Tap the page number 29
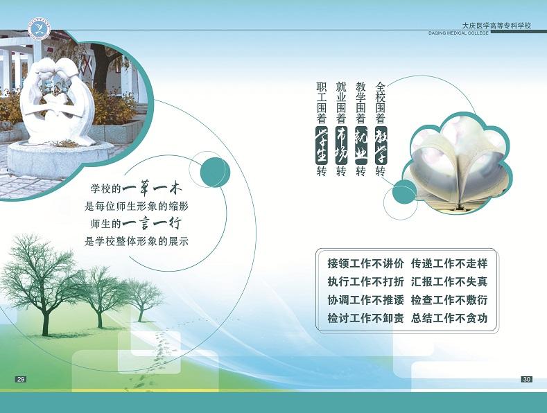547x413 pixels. coord(21,379)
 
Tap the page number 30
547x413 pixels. coord(527,379)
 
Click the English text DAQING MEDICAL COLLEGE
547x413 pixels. coord(458,33)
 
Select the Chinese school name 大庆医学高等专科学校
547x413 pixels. coord(496,26)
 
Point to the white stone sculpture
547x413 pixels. coord(58,101)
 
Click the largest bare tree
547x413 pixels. coord(41,283)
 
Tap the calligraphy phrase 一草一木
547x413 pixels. coord(152,189)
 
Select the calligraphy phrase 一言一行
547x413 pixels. coord(152,224)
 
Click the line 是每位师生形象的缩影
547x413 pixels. coord(137,206)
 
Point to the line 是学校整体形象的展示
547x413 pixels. coord(137,241)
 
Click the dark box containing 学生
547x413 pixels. coord(321,145)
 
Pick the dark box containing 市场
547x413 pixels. coord(341,145)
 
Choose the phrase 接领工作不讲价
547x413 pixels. coord(365,263)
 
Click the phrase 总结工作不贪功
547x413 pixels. coord(449,318)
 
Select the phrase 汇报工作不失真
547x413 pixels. coord(449,281)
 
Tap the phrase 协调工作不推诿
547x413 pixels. coord(365,300)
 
